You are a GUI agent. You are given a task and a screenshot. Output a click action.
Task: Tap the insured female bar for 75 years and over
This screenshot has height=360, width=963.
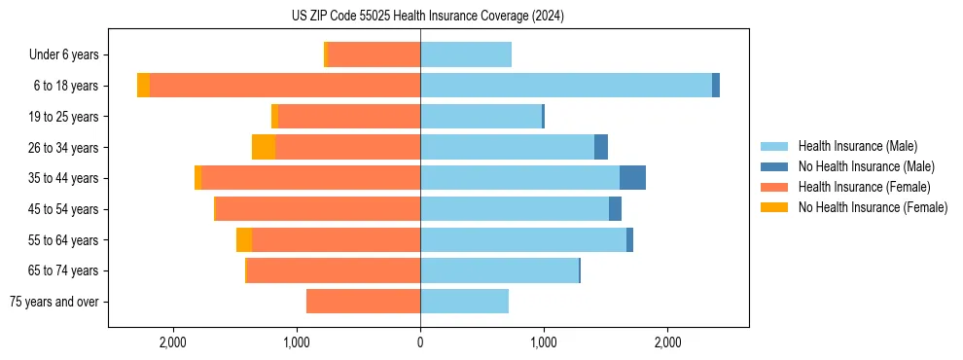click(x=363, y=302)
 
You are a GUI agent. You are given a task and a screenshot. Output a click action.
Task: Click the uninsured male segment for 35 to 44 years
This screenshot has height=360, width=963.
click(x=632, y=178)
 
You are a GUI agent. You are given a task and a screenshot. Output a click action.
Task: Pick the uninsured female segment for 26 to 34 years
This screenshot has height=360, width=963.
click(x=264, y=147)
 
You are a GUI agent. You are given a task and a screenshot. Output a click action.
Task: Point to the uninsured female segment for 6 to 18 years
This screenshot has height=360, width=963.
click(x=143, y=86)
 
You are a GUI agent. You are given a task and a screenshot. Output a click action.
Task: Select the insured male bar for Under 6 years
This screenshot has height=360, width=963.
click(x=466, y=54)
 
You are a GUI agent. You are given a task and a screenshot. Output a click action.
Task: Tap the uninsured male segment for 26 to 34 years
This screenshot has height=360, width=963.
click(x=601, y=147)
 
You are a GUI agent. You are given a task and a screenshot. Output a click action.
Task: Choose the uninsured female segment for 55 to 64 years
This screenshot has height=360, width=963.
click(x=244, y=240)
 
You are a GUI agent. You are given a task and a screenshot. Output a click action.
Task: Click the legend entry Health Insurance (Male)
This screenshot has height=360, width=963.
click(x=857, y=146)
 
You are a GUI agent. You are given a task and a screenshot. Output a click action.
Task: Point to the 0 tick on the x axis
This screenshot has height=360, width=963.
click(x=420, y=342)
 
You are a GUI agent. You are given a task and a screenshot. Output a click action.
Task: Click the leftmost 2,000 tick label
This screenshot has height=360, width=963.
click(x=173, y=342)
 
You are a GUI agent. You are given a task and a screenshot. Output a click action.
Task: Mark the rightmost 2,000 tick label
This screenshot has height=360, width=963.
click(x=667, y=342)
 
